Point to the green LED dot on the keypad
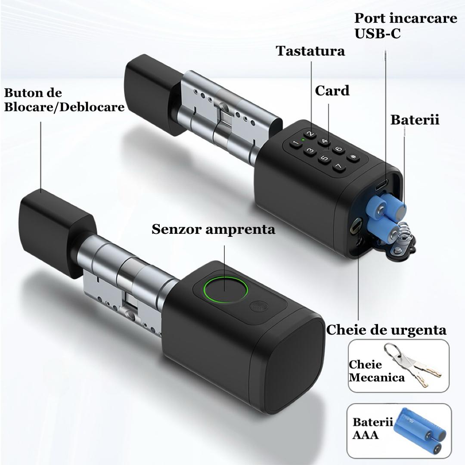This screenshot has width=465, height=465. [304, 140]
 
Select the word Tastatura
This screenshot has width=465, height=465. [310, 51]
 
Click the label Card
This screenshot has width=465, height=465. [332, 91]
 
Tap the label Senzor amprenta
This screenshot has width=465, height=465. [213, 229]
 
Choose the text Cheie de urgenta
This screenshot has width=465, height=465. [386, 330]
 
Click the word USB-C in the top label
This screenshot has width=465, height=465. [377, 34]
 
